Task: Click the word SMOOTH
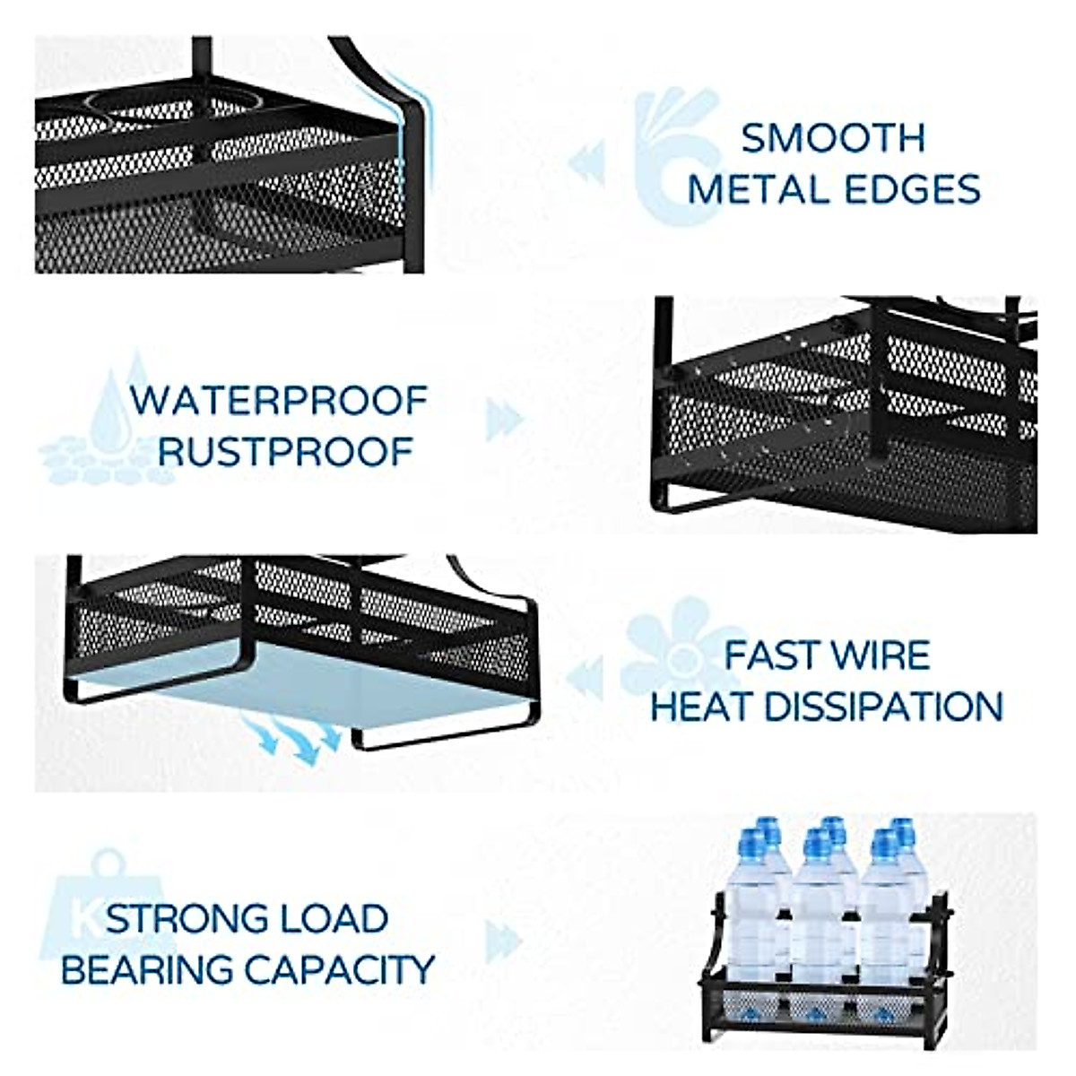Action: click(x=833, y=138)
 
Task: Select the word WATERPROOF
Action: click(x=279, y=400)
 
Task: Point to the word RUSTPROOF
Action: click(x=285, y=451)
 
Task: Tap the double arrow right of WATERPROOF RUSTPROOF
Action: click(x=504, y=420)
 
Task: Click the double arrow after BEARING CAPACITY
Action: click(x=503, y=941)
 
